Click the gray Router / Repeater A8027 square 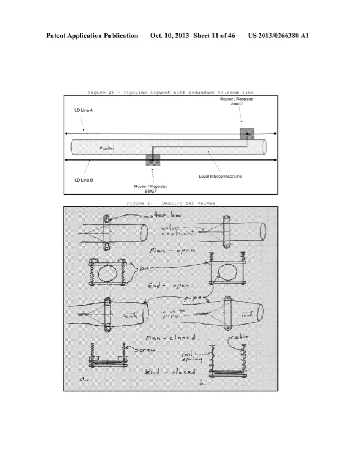(x=247, y=134)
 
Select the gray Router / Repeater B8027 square (x=152, y=160)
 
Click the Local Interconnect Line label (x=220, y=176)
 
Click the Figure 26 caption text (x=175, y=93)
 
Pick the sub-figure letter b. (x=203, y=384)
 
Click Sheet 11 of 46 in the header (x=215, y=36)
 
